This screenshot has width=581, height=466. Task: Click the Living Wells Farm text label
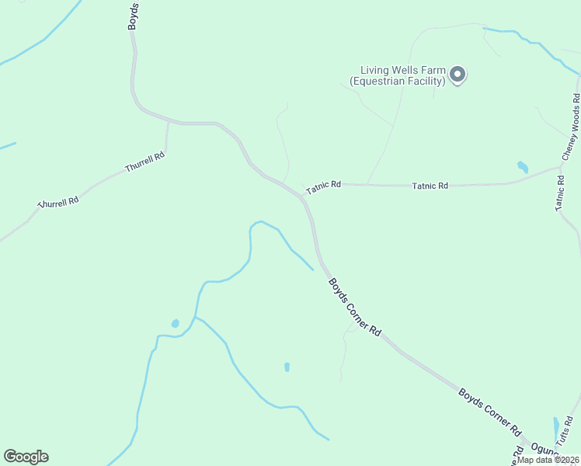click(x=397, y=75)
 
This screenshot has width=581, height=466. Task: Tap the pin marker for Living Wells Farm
click(x=457, y=75)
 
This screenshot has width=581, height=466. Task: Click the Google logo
click(x=26, y=457)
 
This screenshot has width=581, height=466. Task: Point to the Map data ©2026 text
click(x=548, y=459)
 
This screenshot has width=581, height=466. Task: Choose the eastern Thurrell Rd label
click(x=145, y=162)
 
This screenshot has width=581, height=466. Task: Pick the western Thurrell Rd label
click(x=58, y=201)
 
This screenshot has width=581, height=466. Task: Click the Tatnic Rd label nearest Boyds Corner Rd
click(x=323, y=187)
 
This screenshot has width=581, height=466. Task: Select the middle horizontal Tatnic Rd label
click(x=430, y=186)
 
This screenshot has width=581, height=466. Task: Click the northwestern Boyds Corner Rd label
click(x=354, y=307)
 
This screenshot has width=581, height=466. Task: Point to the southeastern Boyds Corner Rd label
click(x=489, y=412)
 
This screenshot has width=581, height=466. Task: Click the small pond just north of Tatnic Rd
click(x=522, y=166)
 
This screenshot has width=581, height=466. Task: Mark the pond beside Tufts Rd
click(x=556, y=426)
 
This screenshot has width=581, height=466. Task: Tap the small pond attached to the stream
click(x=176, y=323)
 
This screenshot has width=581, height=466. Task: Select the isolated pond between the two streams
click(x=287, y=367)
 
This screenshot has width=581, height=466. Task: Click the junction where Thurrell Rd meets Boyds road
click(x=169, y=123)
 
